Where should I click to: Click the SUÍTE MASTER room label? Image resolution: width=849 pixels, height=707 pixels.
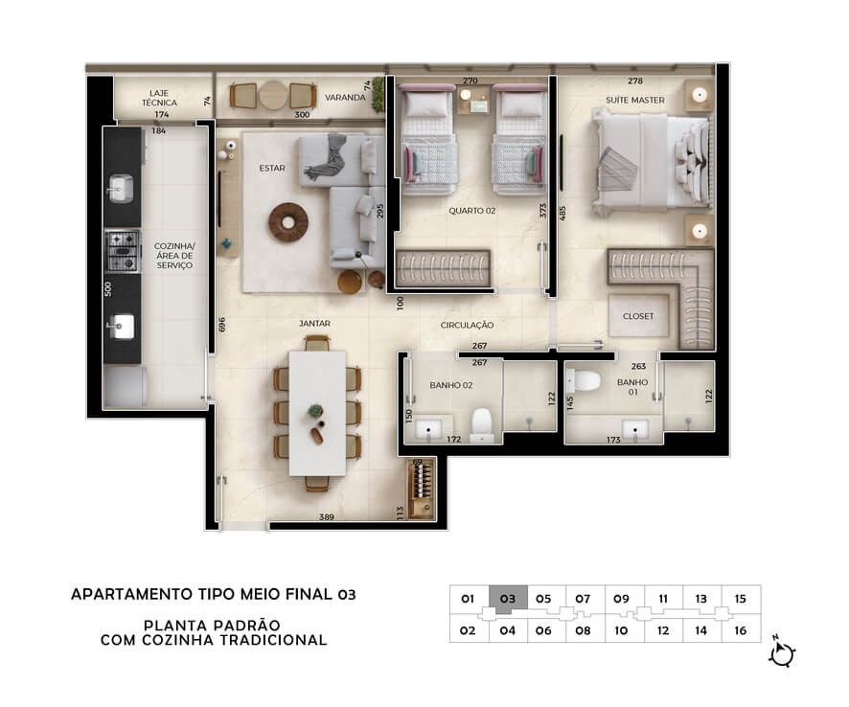634,101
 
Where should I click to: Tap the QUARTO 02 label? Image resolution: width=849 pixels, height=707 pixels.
471,211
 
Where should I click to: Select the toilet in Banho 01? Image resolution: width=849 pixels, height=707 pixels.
583,380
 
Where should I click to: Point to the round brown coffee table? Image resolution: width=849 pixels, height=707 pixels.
288,222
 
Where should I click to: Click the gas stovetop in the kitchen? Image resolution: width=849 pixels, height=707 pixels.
123,251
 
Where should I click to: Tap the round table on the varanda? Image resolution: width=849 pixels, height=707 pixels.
273,96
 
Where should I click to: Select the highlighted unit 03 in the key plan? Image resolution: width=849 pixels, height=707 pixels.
508,600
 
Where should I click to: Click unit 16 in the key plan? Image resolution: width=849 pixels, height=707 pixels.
740,630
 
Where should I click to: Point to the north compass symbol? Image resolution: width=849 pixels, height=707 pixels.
781,652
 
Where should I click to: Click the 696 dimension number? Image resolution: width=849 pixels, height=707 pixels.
221,324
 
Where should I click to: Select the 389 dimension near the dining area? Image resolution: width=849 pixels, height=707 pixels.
327,517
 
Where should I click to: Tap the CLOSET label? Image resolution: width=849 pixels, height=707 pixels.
638,316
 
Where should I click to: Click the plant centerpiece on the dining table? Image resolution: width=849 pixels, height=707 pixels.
315,411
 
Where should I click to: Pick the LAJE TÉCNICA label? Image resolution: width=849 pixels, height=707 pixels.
159,98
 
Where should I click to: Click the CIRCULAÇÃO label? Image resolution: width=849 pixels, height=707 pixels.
467,325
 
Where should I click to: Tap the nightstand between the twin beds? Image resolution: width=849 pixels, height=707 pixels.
473,100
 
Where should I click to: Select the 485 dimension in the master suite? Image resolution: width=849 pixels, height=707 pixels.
562,213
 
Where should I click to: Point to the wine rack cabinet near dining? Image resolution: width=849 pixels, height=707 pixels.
423,489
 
